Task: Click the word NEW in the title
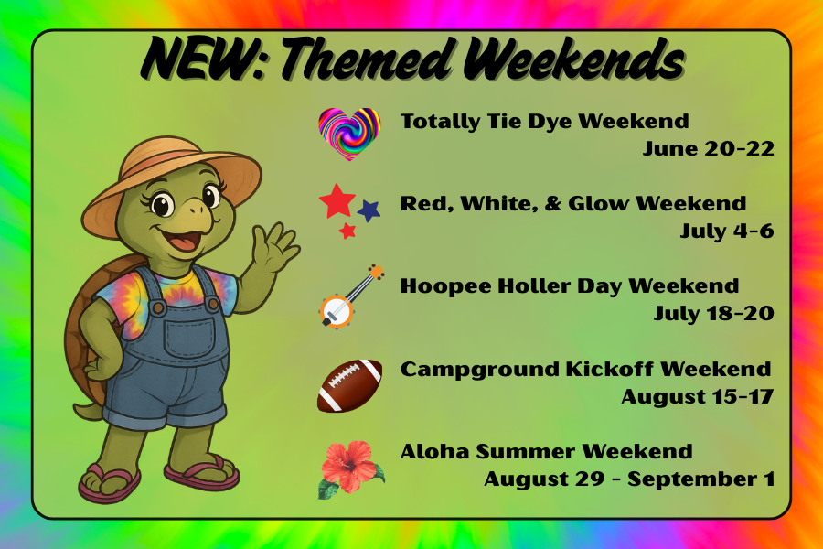pyautogui.click(x=196, y=59)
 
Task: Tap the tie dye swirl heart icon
pyautogui.click(x=348, y=133)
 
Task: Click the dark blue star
pyautogui.click(x=369, y=211)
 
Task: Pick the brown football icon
pyautogui.click(x=349, y=385)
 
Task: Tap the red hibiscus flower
pyautogui.click(x=348, y=466)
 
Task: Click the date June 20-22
pyautogui.click(x=708, y=149)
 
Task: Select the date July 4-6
pyautogui.click(x=726, y=231)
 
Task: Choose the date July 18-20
pyautogui.click(x=713, y=314)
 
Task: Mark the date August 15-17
pyautogui.click(x=697, y=396)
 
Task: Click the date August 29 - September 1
pyautogui.click(x=628, y=479)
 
